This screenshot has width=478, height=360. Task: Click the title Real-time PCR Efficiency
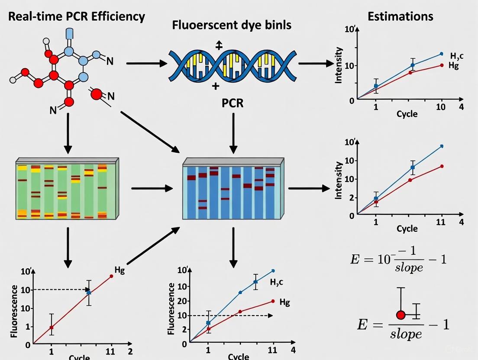77,17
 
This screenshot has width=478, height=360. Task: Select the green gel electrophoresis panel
67,189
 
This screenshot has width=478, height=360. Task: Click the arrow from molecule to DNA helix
146,63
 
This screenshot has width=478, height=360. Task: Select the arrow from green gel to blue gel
152,188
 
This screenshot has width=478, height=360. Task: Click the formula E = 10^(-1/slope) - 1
398,260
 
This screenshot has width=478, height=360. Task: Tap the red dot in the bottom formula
400,315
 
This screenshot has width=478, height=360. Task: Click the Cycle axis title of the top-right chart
407,114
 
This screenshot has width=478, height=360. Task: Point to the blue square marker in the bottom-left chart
89,293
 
